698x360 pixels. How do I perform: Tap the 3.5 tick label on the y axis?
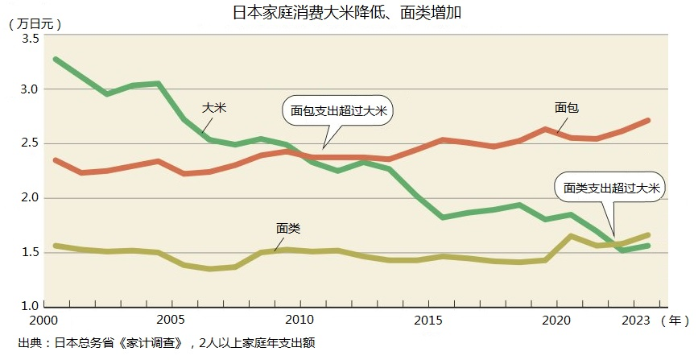point(30,39)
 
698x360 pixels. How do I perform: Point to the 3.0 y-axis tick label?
point(30,89)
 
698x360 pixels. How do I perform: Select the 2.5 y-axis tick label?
point(30,143)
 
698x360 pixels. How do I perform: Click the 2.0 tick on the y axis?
point(30,198)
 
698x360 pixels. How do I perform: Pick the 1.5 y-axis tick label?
point(30,253)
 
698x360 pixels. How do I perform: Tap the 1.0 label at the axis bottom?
point(30,307)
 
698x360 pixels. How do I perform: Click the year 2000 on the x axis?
point(50,321)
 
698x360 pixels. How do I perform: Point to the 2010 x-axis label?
point(300,321)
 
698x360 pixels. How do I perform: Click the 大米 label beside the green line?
point(214,107)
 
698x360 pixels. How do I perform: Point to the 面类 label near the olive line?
point(288,229)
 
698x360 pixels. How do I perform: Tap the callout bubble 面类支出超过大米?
point(611,188)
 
